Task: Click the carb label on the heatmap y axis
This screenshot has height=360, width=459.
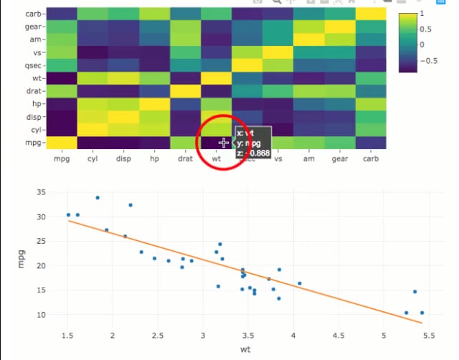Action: tap(33, 14)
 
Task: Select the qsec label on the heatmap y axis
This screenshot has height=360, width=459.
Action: tap(32, 65)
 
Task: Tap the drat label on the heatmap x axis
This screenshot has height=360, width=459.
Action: tap(185, 158)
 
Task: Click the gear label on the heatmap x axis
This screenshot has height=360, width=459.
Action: tap(341, 158)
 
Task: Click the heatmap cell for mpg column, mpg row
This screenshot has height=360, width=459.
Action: tap(62, 142)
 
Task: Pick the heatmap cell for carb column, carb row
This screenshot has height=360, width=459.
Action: tap(370, 14)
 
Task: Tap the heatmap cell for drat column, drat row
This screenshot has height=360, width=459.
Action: tap(185, 91)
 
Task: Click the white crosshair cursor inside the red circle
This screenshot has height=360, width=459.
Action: tap(224, 143)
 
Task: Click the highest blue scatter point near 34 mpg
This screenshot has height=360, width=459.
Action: tap(98, 197)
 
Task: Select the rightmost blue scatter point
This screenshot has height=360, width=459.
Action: tap(422, 313)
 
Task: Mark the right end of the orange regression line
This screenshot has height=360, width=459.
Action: tap(422, 323)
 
